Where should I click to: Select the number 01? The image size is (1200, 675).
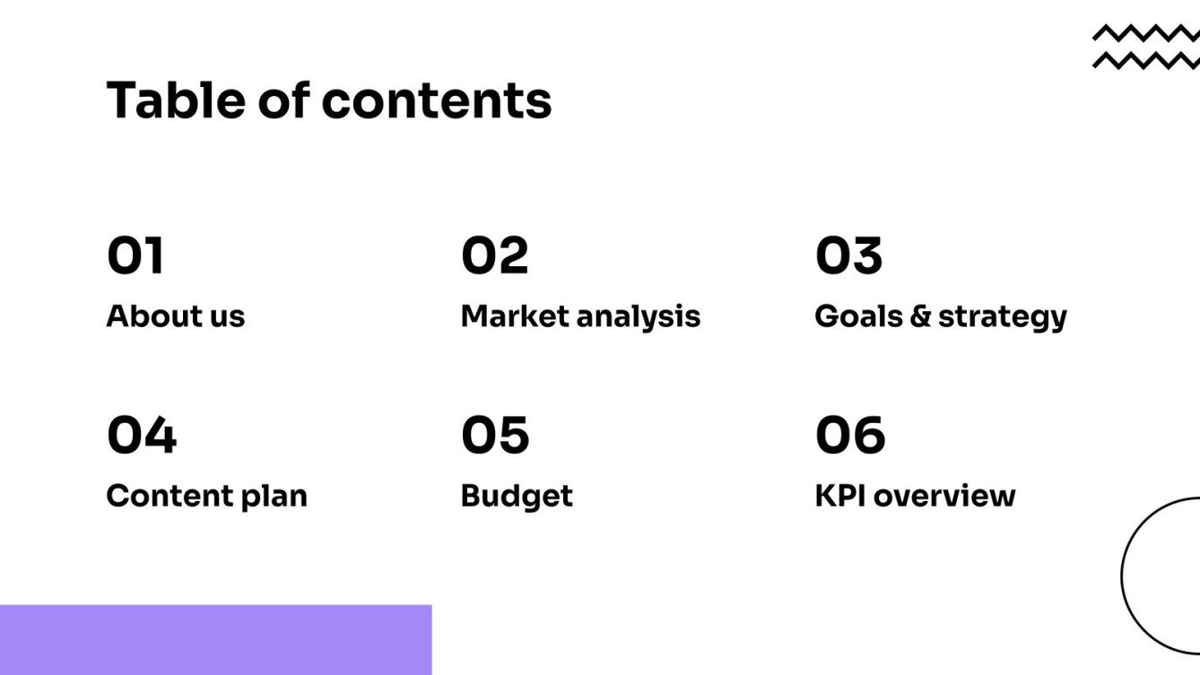click(135, 255)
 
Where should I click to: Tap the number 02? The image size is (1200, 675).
click(494, 255)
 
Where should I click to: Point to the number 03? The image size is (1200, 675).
click(848, 255)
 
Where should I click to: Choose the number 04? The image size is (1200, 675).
click(142, 436)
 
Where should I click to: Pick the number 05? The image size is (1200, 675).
click(495, 436)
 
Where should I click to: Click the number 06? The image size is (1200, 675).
click(850, 436)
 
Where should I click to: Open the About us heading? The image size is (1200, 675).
click(175, 316)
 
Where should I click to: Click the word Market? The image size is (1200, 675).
click(514, 316)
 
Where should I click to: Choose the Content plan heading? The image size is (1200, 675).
click(206, 496)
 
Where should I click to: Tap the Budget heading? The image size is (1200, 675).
click(516, 496)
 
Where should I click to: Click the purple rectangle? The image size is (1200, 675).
click(215, 639)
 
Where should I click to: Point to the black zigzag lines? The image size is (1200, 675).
click(1145, 47)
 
